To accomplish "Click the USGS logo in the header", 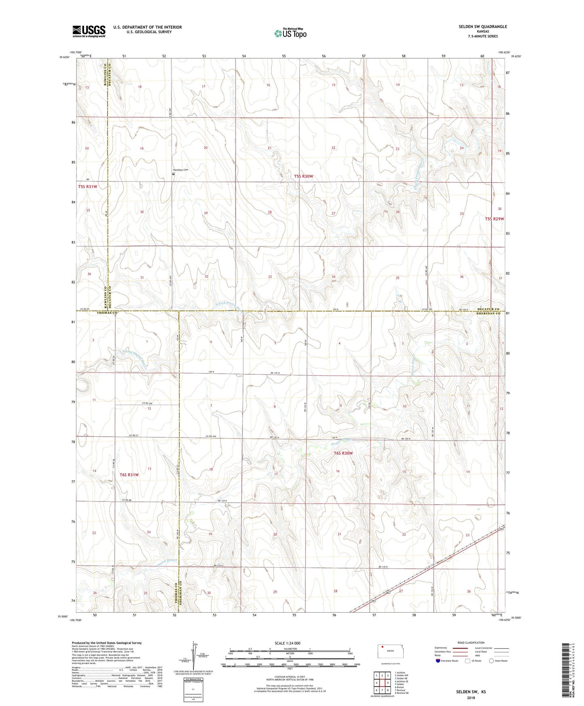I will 89,31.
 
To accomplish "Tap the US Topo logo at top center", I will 290,33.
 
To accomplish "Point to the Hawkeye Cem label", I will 181,170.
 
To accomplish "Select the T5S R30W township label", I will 303,176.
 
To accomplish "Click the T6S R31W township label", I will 129,475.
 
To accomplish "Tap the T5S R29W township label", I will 494,219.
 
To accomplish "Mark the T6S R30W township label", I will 343,453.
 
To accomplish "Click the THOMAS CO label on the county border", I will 108,313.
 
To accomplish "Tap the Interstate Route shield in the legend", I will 438,661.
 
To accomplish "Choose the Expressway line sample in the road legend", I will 460,648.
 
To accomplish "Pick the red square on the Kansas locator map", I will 382,646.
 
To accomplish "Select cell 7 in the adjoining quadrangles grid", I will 376,690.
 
